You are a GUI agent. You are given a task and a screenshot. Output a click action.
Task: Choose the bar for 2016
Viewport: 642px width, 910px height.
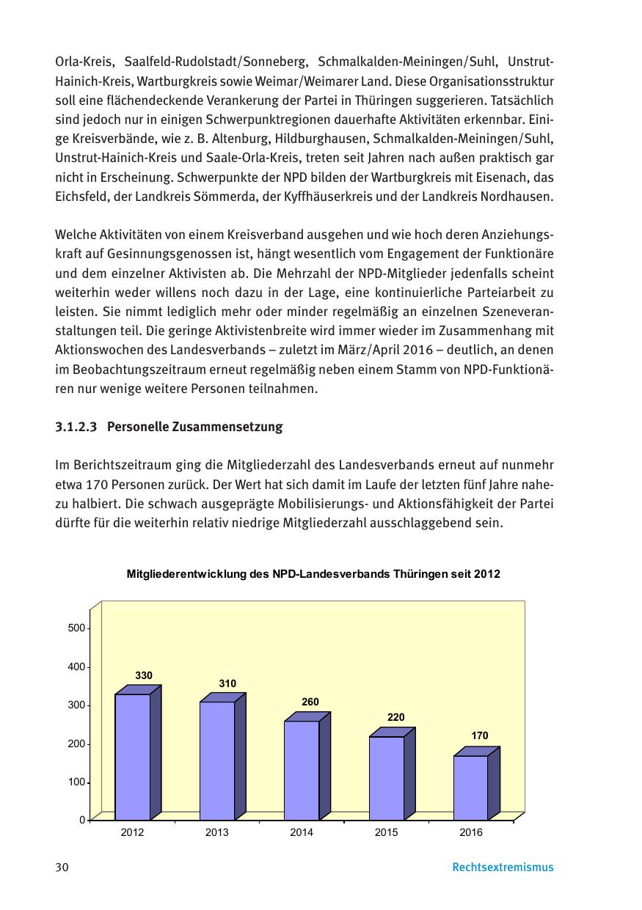click(470, 787)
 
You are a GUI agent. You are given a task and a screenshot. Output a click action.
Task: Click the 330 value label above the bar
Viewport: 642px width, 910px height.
click(144, 675)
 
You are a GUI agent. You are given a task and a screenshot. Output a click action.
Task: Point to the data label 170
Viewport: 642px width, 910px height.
click(480, 735)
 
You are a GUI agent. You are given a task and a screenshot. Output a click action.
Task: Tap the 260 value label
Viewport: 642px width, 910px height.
click(310, 702)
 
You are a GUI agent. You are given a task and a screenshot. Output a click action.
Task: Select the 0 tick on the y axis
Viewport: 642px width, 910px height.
click(81, 820)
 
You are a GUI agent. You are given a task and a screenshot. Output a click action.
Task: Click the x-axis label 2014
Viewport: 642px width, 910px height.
click(302, 832)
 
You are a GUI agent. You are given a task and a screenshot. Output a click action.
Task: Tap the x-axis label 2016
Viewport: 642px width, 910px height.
click(470, 832)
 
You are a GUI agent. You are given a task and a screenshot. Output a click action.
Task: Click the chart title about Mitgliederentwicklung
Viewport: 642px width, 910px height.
click(313, 574)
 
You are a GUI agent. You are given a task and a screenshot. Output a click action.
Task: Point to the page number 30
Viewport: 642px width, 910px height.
click(62, 867)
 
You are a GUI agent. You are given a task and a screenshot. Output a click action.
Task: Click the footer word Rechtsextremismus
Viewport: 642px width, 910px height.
click(503, 867)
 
